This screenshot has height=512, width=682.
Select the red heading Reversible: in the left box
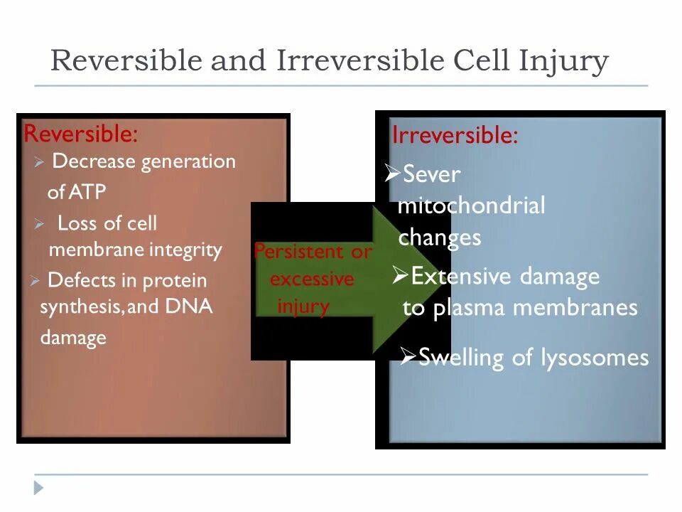[x=80, y=133]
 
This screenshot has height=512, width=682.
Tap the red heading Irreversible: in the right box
[x=455, y=135]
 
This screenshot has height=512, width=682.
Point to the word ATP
[x=87, y=192]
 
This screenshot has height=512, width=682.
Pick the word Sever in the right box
[x=431, y=174]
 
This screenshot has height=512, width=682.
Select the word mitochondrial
[x=471, y=206]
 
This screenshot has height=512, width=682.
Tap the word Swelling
[x=462, y=357]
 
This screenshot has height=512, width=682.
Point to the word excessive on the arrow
[x=312, y=279]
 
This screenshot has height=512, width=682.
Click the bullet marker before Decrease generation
[x=39, y=163]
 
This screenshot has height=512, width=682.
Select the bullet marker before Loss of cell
[x=39, y=225]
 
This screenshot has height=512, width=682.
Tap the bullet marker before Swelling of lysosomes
[x=407, y=356]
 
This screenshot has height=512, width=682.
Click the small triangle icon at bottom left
[x=38, y=487]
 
